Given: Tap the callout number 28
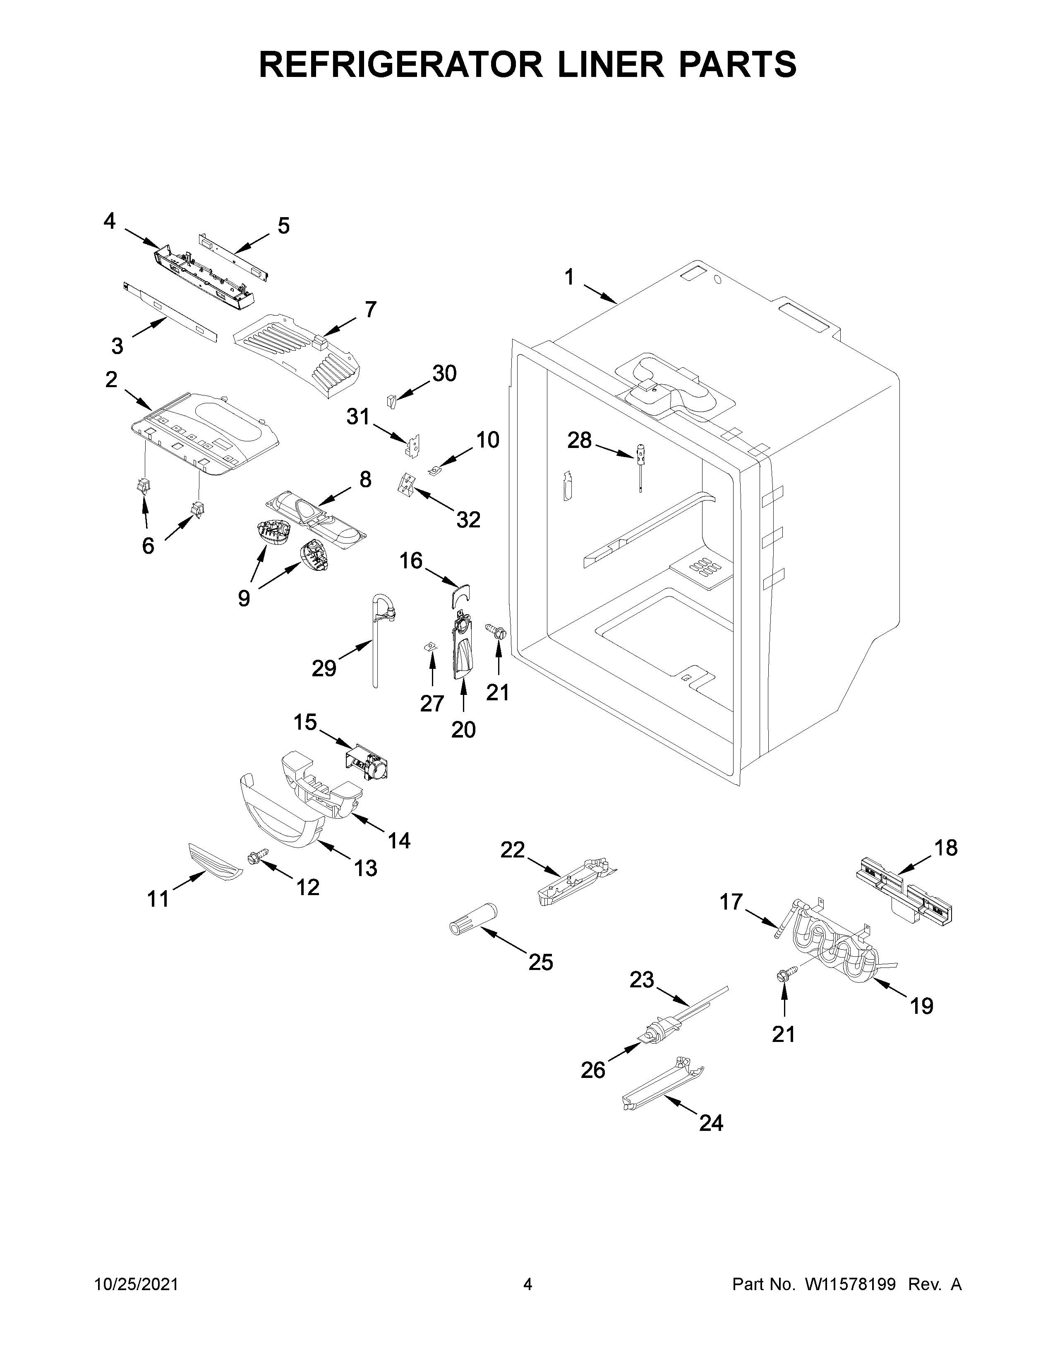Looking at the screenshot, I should (x=579, y=441).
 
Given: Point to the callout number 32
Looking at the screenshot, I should (x=468, y=520).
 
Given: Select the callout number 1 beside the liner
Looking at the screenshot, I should (x=569, y=277).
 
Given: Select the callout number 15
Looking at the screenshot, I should (x=305, y=723).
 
